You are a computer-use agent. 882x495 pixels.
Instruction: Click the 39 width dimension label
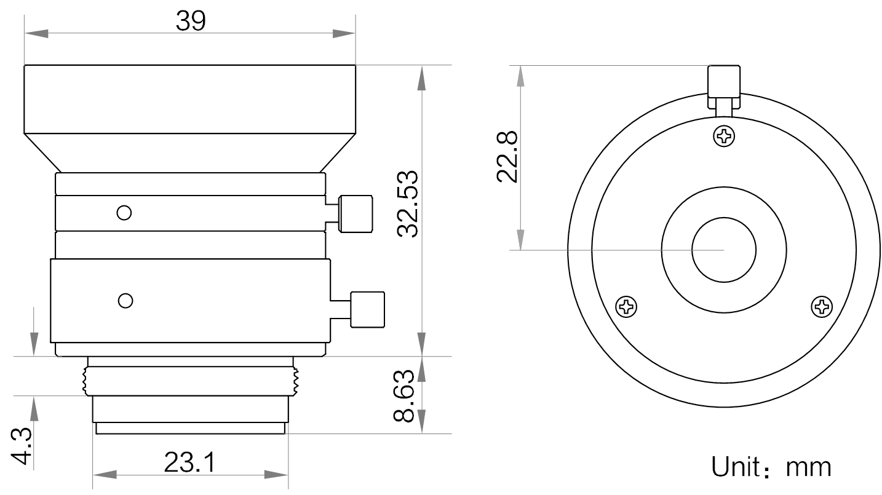(x=191, y=21)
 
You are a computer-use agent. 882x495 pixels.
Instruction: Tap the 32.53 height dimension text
(x=408, y=204)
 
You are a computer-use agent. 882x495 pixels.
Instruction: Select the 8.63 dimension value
(x=404, y=396)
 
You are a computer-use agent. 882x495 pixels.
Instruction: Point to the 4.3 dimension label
(x=21, y=446)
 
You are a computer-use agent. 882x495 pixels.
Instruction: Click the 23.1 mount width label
(x=190, y=462)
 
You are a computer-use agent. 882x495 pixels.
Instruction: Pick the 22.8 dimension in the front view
(x=507, y=157)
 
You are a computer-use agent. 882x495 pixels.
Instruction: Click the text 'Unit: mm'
(x=771, y=467)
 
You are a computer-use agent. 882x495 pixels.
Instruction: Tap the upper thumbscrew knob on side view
(x=356, y=213)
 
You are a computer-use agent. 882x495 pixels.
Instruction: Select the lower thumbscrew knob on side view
(x=367, y=309)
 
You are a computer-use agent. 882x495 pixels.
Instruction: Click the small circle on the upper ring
(x=124, y=213)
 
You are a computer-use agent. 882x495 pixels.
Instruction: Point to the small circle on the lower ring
(x=125, y=301)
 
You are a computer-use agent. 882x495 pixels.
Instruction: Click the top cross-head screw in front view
(x=724, y=137)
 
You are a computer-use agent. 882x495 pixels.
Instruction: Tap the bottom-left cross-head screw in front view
(x=627, y=306)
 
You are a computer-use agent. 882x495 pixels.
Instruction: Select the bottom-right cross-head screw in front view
(x=822, y=306)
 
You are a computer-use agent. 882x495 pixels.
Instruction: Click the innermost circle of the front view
(x=724, y=218)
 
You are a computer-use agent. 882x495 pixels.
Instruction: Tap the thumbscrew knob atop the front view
(x=724, y=82)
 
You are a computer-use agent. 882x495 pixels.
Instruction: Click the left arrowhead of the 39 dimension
(x=36, y=33)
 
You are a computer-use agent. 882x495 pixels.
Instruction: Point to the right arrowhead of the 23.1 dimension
(x=276, y=475)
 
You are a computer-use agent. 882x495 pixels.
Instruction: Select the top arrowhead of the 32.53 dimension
(x=422, y=77)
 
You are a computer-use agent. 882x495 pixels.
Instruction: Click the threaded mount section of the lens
(x=191, y=381)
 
